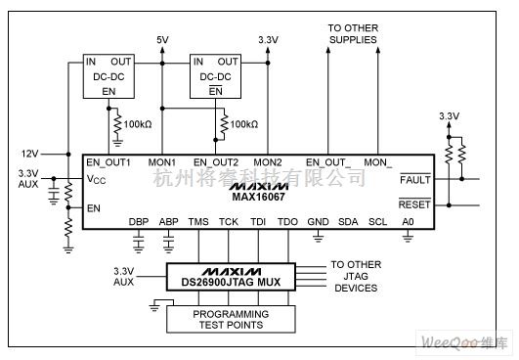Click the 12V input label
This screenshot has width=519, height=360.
pyautogui.click(x=30, y=154)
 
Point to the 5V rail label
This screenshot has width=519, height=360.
pyautogui.click(x=162, y=40)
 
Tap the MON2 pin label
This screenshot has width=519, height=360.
pyautogui.click(x=268, y=162)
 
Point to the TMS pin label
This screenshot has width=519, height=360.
pyautogui.click(x=198, y=222)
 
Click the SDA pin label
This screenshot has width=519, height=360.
pyautogui.click(x=348, y=222)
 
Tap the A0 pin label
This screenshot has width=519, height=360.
pyautogui.click(x=407, y=222)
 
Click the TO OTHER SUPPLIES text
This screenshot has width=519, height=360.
pyautogui.click(x=353, y=34)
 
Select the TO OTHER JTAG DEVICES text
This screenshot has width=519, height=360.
pyautogui.click(x=356, y=275)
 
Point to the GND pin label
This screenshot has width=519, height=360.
pyautogui.click(x=319, y=222)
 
